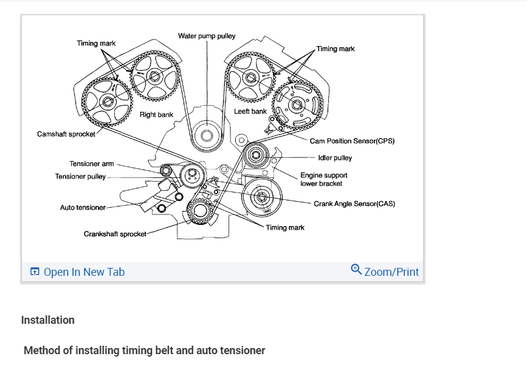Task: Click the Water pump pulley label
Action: pyautogui.click(x=207, y=36)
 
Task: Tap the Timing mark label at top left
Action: pyautogui.click(x=96, y=43)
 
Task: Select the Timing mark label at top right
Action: pyautogui.click(x=336, y=49)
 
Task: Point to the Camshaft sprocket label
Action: pyautogui.click(x=66, y=134)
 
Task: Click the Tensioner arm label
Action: pyautogui.click(x=91, y=164)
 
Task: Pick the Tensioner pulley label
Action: pyautogui.click(x=80, y=177)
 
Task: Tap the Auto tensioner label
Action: pyautogui.click(x=83, y=208)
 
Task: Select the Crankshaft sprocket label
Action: pyautogui.click(x=115, y=234)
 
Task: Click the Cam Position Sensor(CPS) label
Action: pyautogui.click(x=352, y=141)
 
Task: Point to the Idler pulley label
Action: pyautogui.click(x=335, y=158)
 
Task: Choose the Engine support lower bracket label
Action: pyautogui.click(x=323, y=179)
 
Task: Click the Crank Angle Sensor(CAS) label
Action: pyautogui.click(x=354, y=204)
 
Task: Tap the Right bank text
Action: pyautogui.click(x=156, y=114)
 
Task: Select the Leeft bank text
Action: pyautogui.click(x=250, y=112)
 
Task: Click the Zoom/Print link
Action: pyautogui.click(x=391, y=272)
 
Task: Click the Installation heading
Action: pyautogui.click(x=48, y=320)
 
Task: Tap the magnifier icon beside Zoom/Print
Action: pyautogui.click(x=356, y=269)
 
